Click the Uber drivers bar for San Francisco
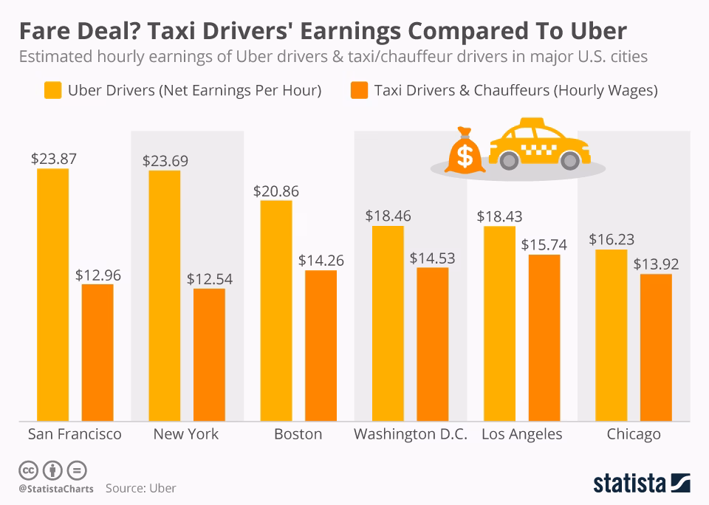tap(52, 295)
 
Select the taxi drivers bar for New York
tap(209, 354)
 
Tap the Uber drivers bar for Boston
tap(276, 310)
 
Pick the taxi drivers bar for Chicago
tap(656, 347)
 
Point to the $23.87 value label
tap(53, 158)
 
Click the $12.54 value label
tap(209, 278)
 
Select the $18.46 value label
tap(388, 216)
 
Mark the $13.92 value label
tap(656, 264)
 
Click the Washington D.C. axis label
tap(411, 434)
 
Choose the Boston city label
tap(298, 434)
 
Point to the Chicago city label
tap(634, 434)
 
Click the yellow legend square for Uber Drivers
tap(52, 91)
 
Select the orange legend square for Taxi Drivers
tap(359, 91)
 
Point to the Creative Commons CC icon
tap(28, 470)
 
